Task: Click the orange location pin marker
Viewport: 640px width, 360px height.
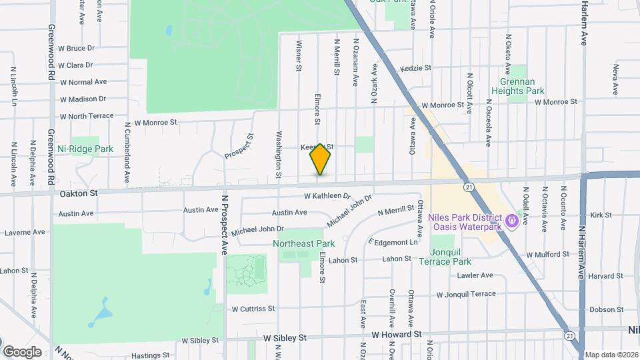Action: click(x=321, y=159)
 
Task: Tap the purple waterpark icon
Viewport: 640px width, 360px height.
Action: click(x=512, y=218)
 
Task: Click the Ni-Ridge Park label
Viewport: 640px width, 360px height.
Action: click(x=85, y=149)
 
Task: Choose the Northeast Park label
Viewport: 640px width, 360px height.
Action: click(x=303, y=244)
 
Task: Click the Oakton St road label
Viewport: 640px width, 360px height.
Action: click(x=79, y=193)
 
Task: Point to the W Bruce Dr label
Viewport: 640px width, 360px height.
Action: click(x=77, y=49)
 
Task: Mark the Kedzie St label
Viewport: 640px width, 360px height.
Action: click(x=416, y=68)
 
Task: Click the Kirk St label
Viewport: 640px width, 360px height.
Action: click(x=601, y=215)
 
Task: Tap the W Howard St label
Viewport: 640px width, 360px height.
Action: click(x=397, y=334)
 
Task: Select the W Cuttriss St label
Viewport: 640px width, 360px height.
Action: click(x=253, y=309)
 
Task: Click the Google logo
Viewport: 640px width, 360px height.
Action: click(x=22, y=352)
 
